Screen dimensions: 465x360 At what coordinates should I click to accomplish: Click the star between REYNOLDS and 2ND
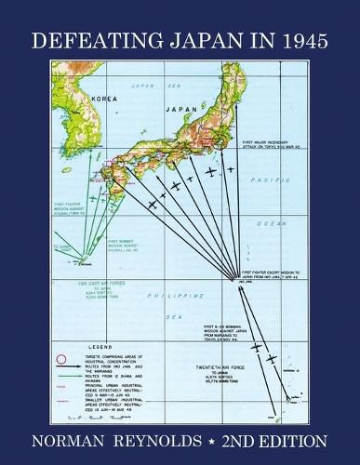tap(220, 437)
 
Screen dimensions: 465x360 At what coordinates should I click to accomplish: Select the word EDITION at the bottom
tap(293, 437)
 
